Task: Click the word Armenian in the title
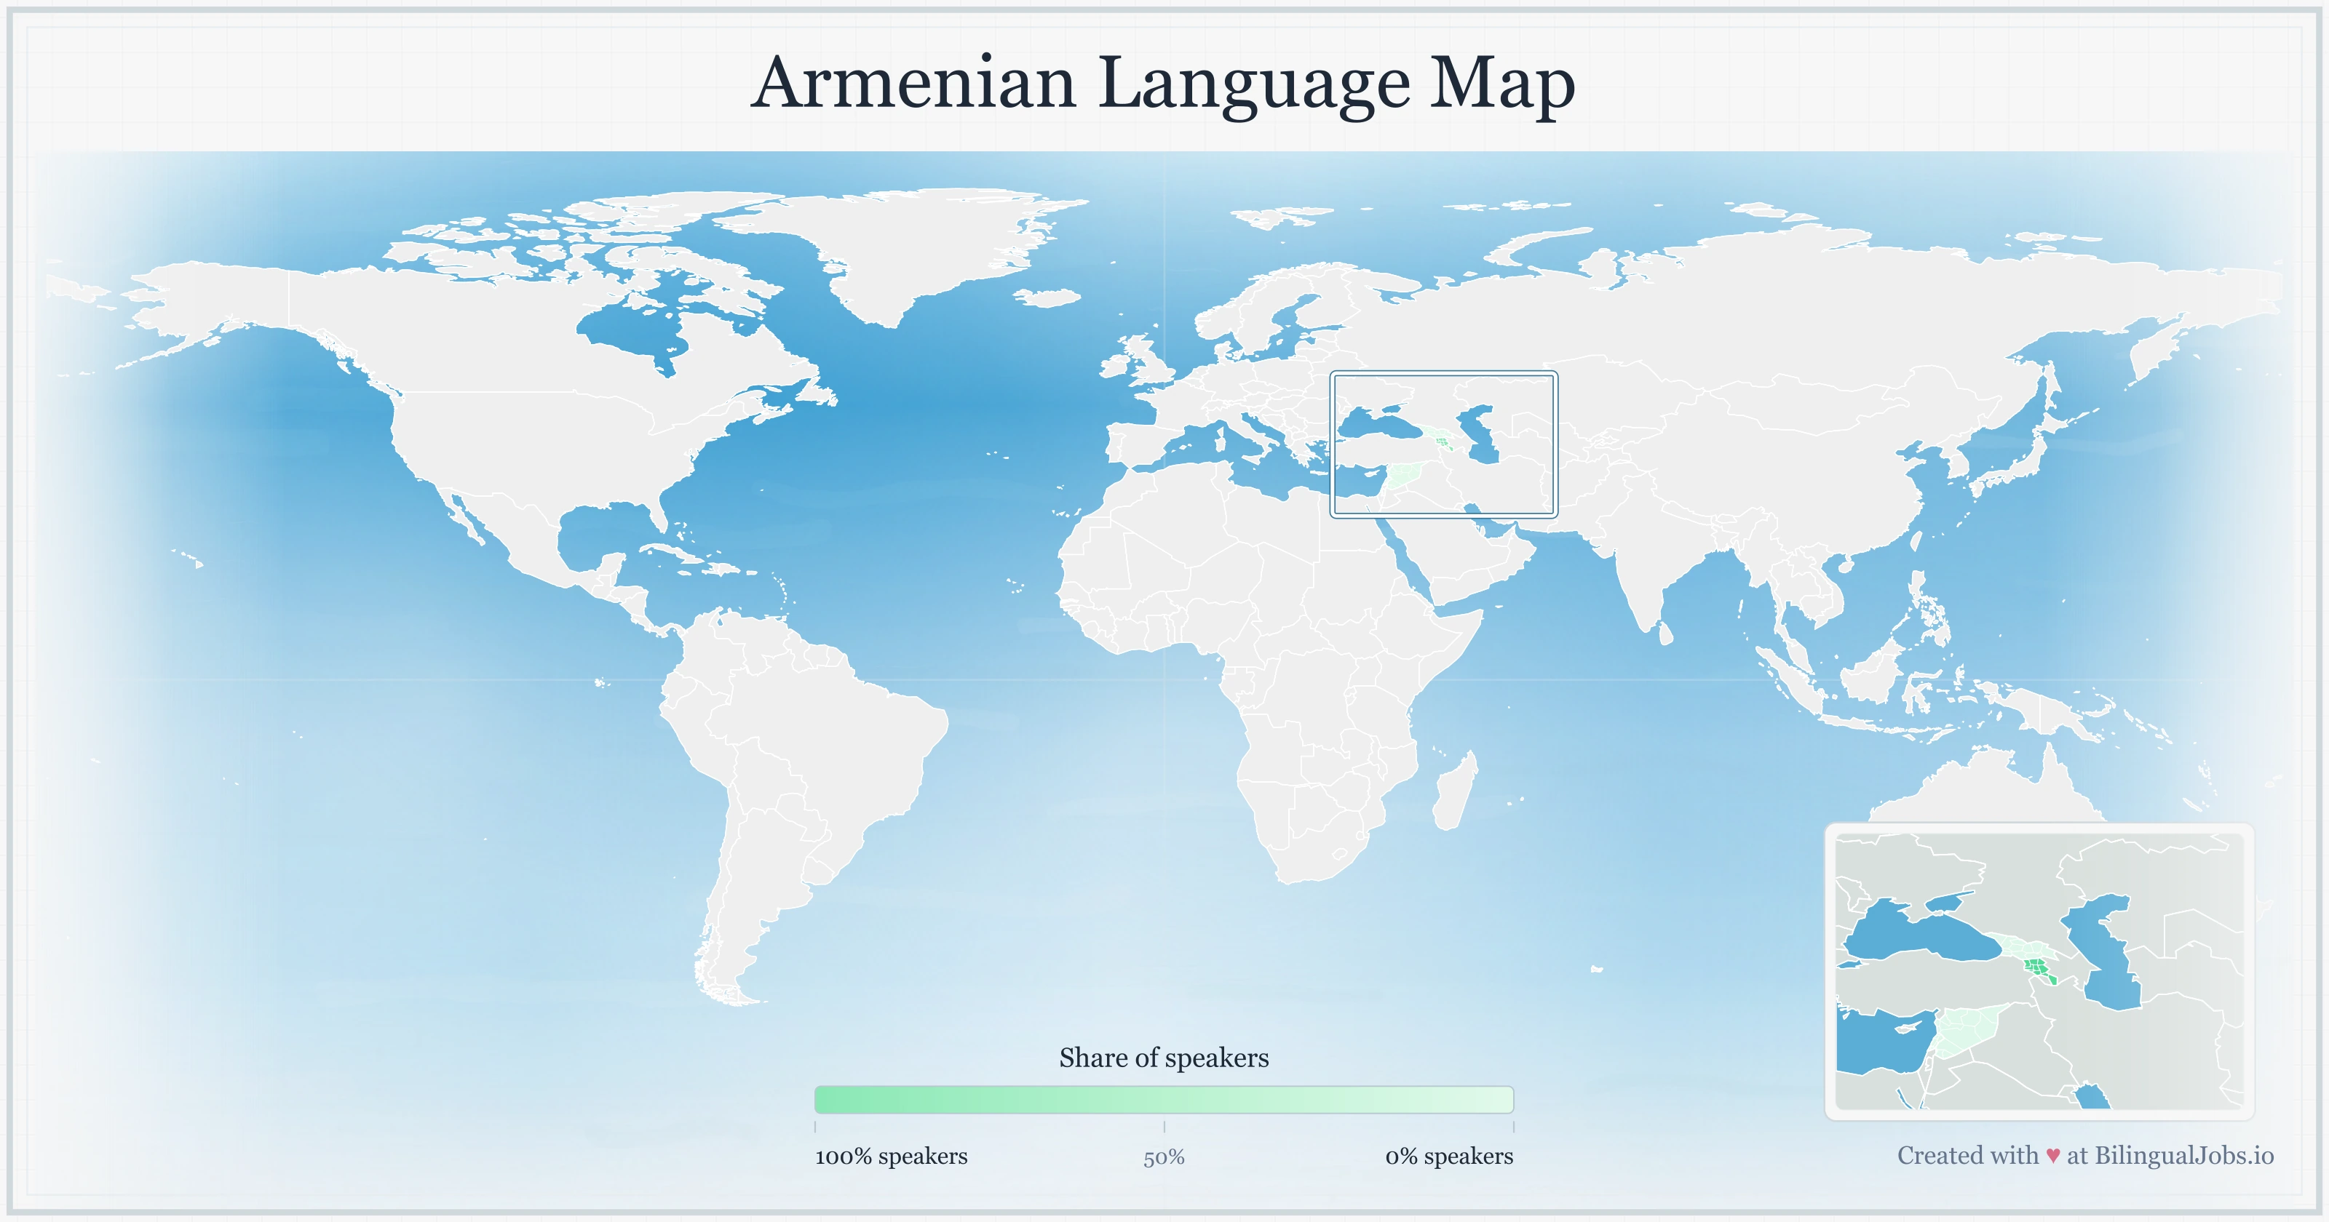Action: pyautogui.click(x=913, y=83)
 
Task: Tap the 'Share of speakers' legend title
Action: pyautogui.click(x=1164, y=1058)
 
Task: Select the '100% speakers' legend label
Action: pyautogui.click(x=891, y=1156)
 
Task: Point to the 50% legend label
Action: pyautogui.click(x=1164, y=1157)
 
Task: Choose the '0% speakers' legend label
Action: pyautogui.click(x=1448, y=1156)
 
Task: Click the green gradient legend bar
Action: pyautogui.click(x=1164, y=1099)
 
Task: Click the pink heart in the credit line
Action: pyautogui.click(x=2052, y=1156)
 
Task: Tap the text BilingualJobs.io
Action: pyautogui.click(x=2183, y=1155)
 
